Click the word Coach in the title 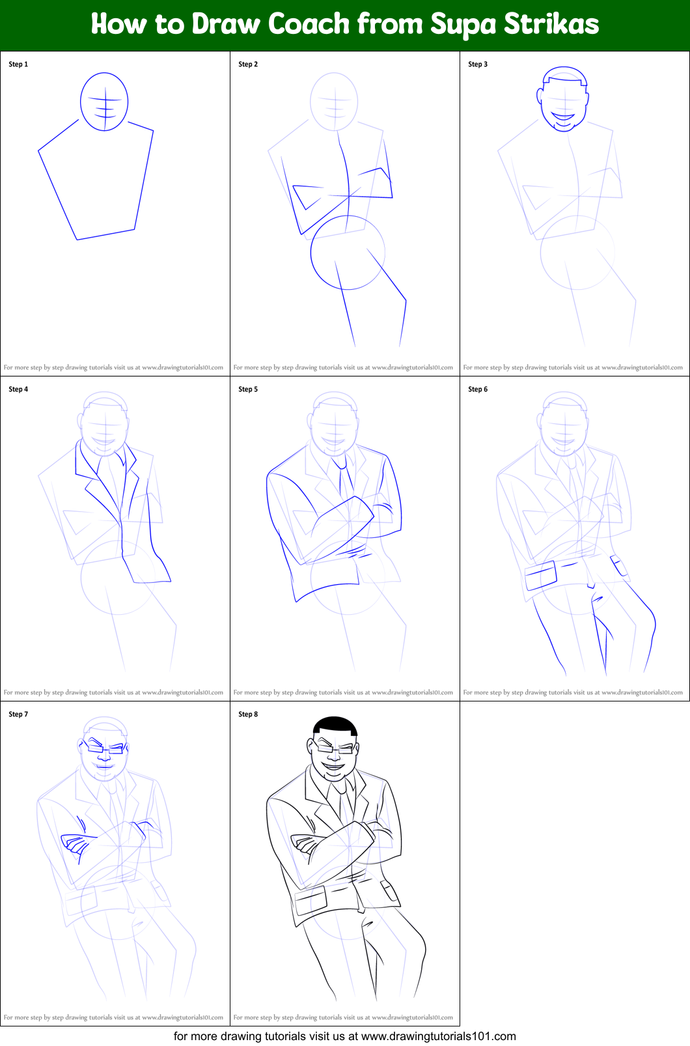(x=309, y=25)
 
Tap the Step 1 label (x=18, y=64)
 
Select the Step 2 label (x=248, y=64)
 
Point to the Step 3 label (x=478, y=64)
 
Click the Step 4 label (x=18, y=389)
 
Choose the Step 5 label (x=248, y=389)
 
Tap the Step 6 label (x=478, y=389)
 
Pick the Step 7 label (x=18, y=714)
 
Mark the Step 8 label (x=248, y=714)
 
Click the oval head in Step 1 (x=104, y=102)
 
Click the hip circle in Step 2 (x=348, y=252)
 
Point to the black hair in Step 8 (x=335, y=725)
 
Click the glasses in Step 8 (x=335, y=748)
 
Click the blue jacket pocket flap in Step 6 (x=541, y=576)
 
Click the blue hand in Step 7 (x=75, y=845)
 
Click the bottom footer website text (x=344, y=1036)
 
